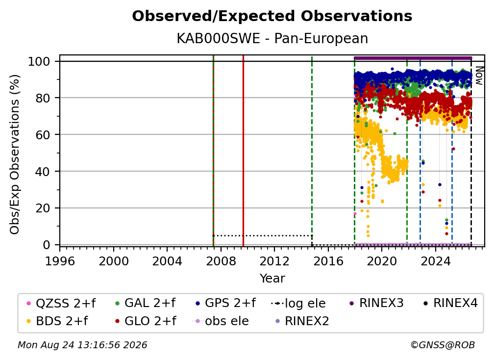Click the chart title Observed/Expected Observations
point(272,16)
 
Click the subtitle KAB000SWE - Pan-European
point(272,38)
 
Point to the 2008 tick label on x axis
point(221,261)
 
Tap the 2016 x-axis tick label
point(328,261)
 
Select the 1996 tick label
point(60,261)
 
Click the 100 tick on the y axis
point(39,61)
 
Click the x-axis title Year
point(272,279)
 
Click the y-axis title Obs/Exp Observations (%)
point(15,154)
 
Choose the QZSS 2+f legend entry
point(61,303)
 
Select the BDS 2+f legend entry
point(57,321)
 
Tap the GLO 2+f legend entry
point(146,321)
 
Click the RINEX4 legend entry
point(450,303)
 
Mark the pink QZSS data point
point(355,214)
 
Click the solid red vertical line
point(243,151)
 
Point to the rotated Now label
point(479,76)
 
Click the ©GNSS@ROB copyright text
point(443,345)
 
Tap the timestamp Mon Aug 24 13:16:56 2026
point(82,345)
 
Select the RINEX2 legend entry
point(302,321)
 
